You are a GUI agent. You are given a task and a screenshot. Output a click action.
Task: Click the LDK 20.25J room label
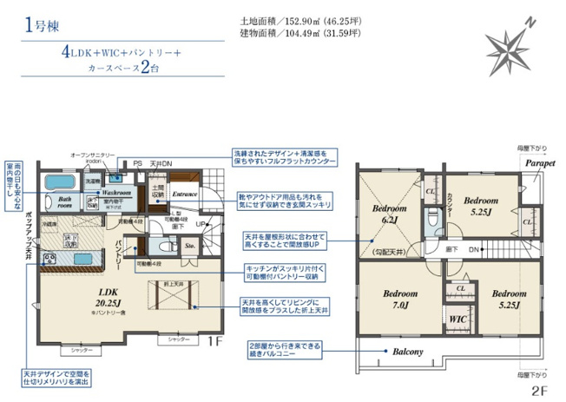point(109,296)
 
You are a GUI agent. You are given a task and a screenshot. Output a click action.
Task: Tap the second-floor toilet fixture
point(431,221)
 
